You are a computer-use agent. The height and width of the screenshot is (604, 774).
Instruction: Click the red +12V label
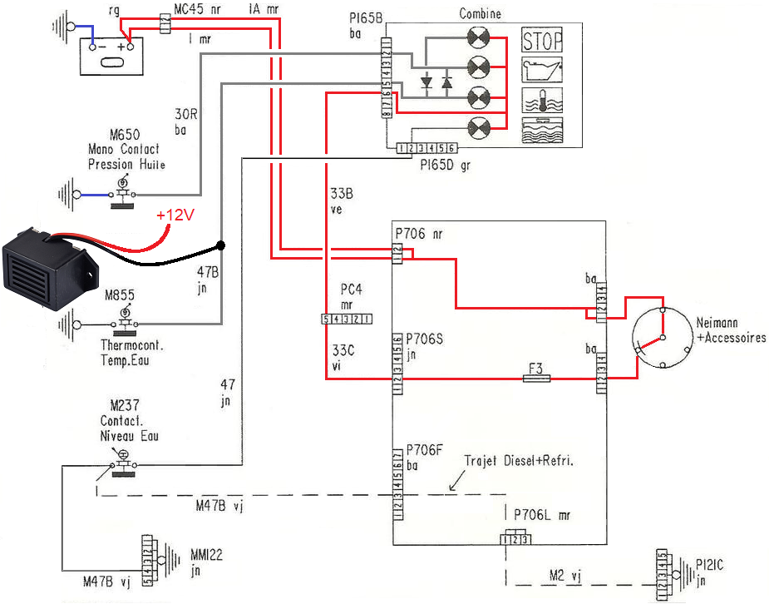click(176, 215)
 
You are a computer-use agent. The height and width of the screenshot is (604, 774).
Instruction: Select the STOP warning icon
click(542, 40)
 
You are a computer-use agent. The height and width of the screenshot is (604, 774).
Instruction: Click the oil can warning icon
click(542, 70)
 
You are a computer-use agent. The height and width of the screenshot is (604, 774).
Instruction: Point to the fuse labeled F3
click(538, 379)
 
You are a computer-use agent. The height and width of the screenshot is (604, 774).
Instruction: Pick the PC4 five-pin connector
click(346, 319)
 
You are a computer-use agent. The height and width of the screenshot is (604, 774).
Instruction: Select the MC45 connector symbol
click(165, 22)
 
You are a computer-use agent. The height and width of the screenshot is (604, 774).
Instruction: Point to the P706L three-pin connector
click(515, 540)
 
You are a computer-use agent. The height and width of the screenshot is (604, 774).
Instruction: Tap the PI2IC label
click(711, 565)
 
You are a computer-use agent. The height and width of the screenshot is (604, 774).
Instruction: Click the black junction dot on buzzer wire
click(220, 245)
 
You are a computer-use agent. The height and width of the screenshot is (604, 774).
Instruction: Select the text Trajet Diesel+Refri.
click(519, 460)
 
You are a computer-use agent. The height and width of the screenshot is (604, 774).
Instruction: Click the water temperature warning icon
click(542, 100)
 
